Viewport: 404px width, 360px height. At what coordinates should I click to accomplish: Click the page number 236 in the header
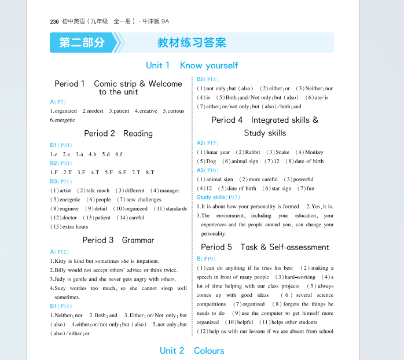click(x=55, y=21)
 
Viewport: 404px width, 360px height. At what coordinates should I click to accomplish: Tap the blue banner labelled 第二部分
click(x=82, y=43)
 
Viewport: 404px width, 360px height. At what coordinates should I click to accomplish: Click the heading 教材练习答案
click(x=192, y=43)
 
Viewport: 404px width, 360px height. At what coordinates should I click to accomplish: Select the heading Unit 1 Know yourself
click(x=192, y=65)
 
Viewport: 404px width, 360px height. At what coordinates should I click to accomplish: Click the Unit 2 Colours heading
click(x=192, y=351)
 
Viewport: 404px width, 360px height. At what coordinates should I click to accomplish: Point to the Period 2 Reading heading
click(x=118, y=133)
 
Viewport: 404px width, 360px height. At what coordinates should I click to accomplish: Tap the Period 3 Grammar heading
click(x=118, y=240)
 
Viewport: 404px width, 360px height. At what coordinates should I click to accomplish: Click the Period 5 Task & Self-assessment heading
click(x=265, y=247)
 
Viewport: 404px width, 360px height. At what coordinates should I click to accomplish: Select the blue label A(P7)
click(x=58, y=102)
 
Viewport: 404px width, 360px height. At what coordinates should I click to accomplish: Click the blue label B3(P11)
click(x=61, y=181)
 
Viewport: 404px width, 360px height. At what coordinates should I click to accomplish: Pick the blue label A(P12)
click(x=60, y=252)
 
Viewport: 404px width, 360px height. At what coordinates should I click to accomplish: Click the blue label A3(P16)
click(x=208, y=170)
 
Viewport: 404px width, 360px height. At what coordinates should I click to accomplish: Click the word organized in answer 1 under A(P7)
click(x=65, y=111)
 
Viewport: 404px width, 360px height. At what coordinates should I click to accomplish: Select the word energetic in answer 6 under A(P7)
click(x=65, y=120)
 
